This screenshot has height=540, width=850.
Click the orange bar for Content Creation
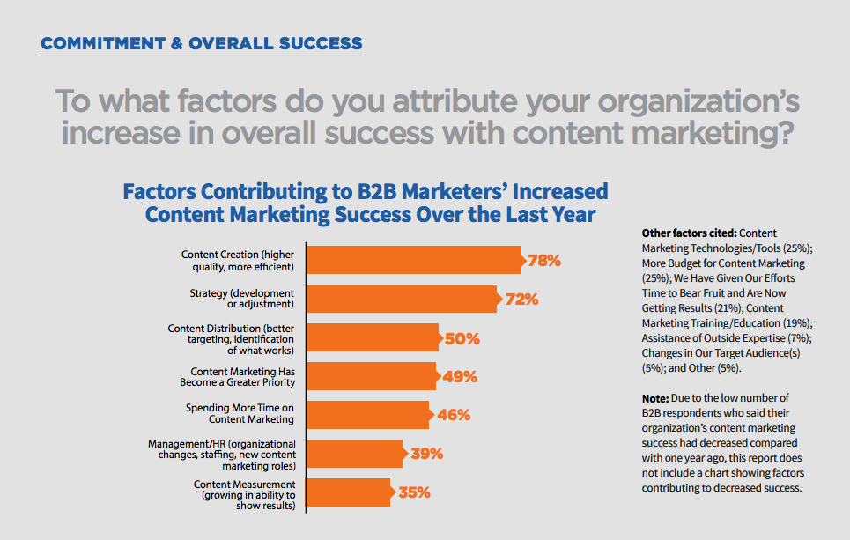414,261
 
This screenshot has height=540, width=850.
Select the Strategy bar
402,299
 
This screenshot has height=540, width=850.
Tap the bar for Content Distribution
373,338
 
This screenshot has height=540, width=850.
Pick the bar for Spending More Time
367,415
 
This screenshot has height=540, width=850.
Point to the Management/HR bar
354,454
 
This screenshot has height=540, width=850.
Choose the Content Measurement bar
348,492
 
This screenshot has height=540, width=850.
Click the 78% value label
543,261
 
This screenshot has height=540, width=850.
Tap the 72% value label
521,300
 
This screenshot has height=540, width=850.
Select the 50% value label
462,338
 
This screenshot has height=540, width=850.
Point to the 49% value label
459,377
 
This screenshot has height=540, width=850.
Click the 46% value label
454,415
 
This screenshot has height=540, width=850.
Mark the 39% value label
426,454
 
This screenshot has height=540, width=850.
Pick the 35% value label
414,492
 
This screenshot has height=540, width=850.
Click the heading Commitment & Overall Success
202,43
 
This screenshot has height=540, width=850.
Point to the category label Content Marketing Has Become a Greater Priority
242,377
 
